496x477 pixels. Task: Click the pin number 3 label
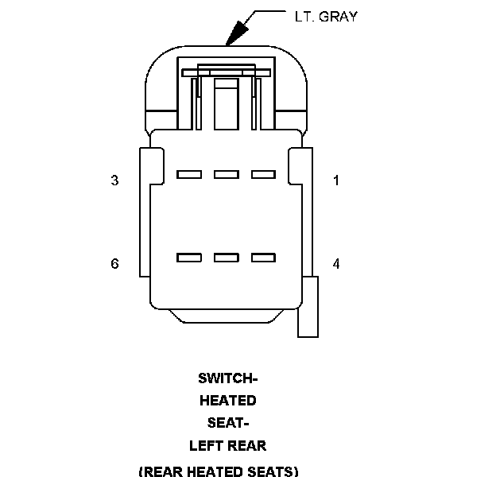[x=114, y=180]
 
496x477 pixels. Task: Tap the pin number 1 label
[x=336, y=180]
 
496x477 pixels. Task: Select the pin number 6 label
[x=114, y=263]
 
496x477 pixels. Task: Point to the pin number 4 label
[x=336, y=263]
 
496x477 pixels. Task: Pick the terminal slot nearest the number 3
[x=188, y=173]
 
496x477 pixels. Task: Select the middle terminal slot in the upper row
[x=226, y=173]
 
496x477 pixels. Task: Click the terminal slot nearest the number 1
[x=262, y=173]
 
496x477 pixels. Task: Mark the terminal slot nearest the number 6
[x=188, y=257]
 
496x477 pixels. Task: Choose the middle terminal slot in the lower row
[x=226, y=257]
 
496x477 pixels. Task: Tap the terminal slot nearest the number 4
[x=262, y=257]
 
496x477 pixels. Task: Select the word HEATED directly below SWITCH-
[x=227, y=400]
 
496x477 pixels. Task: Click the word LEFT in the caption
[x=206, y=446]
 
